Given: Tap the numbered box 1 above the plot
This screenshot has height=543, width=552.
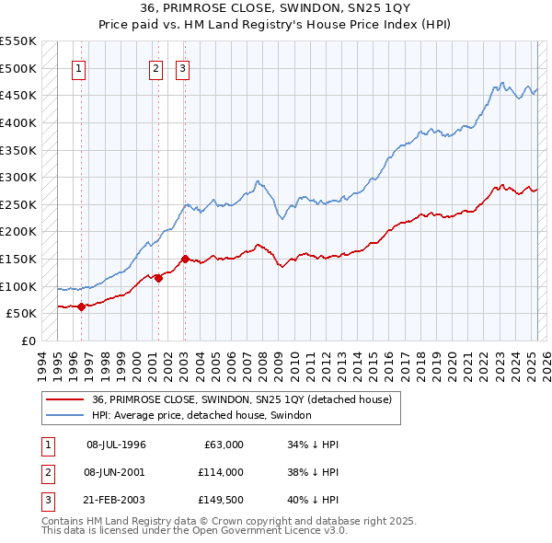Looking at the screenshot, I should [78, 68].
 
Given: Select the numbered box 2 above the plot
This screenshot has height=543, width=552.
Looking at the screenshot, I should [155, 68].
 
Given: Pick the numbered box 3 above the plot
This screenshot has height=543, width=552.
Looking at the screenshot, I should [182, 68].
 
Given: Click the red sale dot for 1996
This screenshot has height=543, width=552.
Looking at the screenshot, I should [81, 306].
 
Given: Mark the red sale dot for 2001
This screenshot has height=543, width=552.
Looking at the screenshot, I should [158, 279].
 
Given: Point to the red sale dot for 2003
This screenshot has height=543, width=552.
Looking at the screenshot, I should [185, 260].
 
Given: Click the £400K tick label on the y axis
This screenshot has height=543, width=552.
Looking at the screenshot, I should [18, 122].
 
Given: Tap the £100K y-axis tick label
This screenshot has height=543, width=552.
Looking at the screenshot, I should [18, 286].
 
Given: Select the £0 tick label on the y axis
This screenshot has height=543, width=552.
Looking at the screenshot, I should [28, 341].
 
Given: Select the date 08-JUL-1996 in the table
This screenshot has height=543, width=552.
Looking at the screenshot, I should [116, 445].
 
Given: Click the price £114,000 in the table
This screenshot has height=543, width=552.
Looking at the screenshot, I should [220, 471].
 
